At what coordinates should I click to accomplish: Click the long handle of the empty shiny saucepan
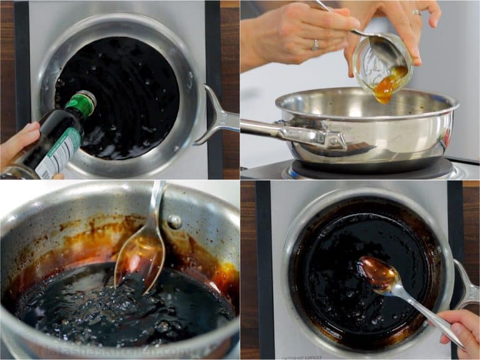pos(294,134)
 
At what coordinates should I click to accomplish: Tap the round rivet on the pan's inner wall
pos(176,221)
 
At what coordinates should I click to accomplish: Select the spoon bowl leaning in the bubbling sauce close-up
pos(139,256)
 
